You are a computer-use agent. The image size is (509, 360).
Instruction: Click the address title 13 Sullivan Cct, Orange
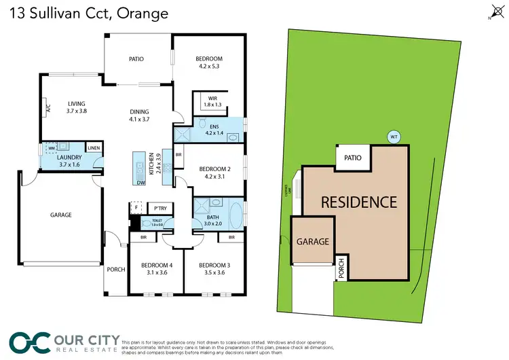(x=89, y=14)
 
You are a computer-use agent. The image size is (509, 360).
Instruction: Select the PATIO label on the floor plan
(x=136, y=59)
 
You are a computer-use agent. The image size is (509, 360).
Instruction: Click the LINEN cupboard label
(x=94, y=148)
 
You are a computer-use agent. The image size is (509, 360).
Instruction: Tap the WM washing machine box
(x=51, y=147)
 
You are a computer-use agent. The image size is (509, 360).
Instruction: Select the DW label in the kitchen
(x=140, y=183)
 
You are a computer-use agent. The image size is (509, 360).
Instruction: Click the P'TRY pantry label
(x=160, y=209)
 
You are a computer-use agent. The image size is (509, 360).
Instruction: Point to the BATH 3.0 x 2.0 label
(x=212, y=221)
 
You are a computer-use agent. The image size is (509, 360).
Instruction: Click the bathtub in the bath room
(x=235, y=217)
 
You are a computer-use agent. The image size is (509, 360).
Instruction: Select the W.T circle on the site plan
(x=393, y=138)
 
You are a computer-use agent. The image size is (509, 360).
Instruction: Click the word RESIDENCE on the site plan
(x=358, y=202)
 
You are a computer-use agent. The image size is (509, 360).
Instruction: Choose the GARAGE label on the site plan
(x=312, y=242)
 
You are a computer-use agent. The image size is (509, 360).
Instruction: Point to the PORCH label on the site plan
(x=342, y=268)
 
